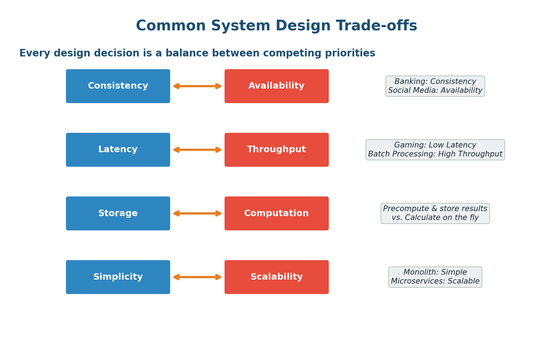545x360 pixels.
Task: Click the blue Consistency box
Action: (x=118, y=86)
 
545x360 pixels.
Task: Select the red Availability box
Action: (x=276, y=86)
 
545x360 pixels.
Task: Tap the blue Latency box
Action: (x=118, y=150)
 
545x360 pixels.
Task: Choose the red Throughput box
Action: (x=276, y=150)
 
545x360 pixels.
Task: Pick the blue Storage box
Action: (x=118, y=213)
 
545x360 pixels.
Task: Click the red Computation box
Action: (x=276, y=213)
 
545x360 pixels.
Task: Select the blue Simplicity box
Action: (x=118, y=277)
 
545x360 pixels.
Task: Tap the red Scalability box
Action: (x=276, y=277)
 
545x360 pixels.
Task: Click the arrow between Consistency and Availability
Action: (x=197, y=86)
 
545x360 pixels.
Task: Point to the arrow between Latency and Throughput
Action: (x=197, y=150)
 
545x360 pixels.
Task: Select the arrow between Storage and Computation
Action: (x=197, y=213)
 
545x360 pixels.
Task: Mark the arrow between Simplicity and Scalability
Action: (x=197, y=277)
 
